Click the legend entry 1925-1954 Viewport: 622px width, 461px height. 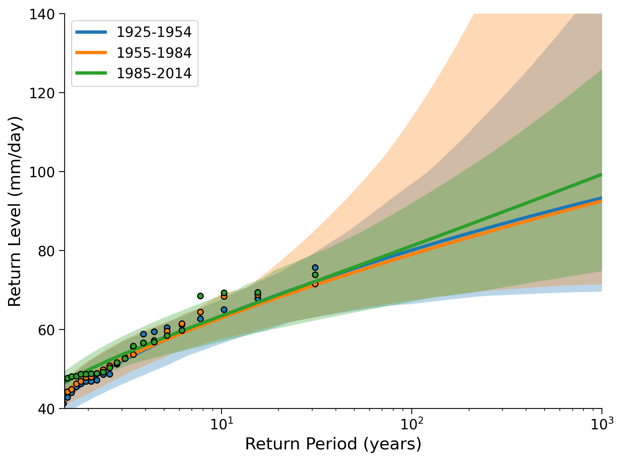click(x=154, y=32)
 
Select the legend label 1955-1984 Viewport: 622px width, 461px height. click(x=154, y=53)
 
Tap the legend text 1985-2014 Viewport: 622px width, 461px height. click(x=154, y=73)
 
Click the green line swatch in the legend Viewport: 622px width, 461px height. click(x=91, y=73)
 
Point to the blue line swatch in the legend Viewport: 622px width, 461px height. click(x=91, y=32)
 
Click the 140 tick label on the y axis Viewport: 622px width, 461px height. click(x=42, y=14)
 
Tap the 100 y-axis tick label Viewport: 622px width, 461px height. click(x=42, y=172)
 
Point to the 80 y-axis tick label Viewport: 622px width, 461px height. click(x=46, y=251)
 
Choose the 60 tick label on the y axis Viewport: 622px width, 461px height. click(x=46, y=330)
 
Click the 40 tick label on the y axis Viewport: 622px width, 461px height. click(x=46, y=409)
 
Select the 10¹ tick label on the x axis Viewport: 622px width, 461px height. click(x=222, y=423)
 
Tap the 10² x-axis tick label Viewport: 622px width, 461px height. click(x=412, y=423)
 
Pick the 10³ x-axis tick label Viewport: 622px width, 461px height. click(x=602, y=423)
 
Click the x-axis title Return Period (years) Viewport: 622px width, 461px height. click(x=333, y=445)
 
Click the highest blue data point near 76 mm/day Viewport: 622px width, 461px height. click(x=315, y=268)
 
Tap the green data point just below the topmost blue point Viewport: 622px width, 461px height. click(x=315, y=275)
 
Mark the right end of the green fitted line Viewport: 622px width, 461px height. click(x=602, y=175)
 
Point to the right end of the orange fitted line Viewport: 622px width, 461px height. click(x=602, y=201)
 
